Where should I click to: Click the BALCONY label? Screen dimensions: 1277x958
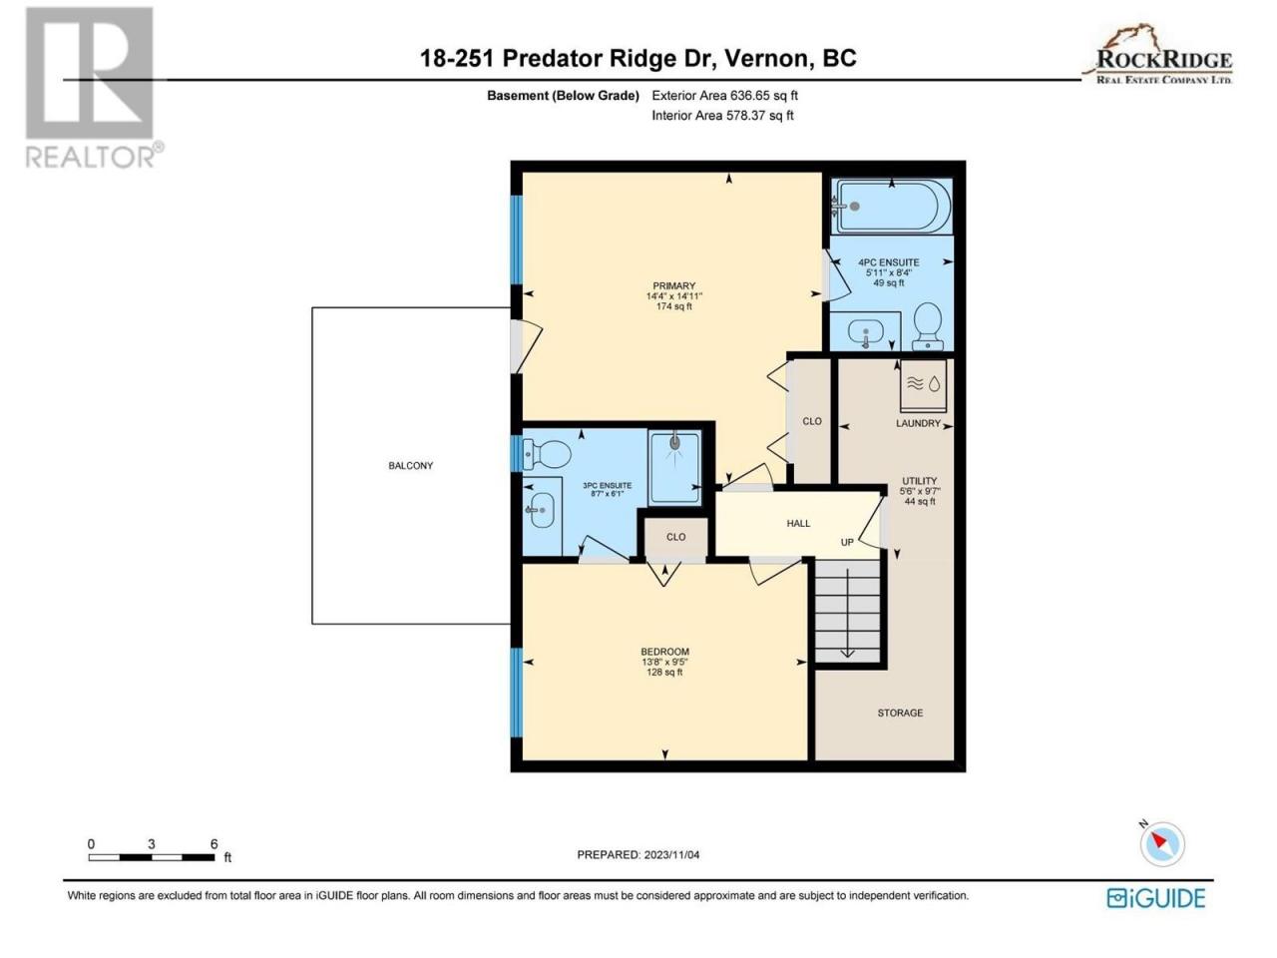point(410,465)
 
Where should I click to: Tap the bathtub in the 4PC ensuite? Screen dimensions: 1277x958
point(891,207)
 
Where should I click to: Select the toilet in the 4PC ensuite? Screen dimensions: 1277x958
point(928,326)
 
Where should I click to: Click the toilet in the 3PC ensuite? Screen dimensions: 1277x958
point(547,454)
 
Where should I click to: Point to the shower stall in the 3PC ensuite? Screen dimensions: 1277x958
point(674,467)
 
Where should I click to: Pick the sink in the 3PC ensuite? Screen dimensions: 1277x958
point(542,510)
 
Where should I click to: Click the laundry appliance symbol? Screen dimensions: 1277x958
point(924,385)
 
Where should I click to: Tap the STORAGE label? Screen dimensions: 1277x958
point(900,713)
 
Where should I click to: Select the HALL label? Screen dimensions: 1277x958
point(798,524)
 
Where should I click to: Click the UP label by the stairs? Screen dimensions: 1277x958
point(847,542)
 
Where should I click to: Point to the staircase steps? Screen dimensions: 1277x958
point(847,611)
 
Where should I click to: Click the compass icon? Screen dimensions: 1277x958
point(1162,844)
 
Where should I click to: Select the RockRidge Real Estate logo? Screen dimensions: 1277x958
point(1157,55)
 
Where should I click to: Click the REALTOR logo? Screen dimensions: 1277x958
point(93,87)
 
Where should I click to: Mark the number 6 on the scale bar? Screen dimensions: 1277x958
point(214,844)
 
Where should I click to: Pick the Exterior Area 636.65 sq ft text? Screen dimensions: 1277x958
point(725,96)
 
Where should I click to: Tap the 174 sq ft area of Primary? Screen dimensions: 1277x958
point(673,306)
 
